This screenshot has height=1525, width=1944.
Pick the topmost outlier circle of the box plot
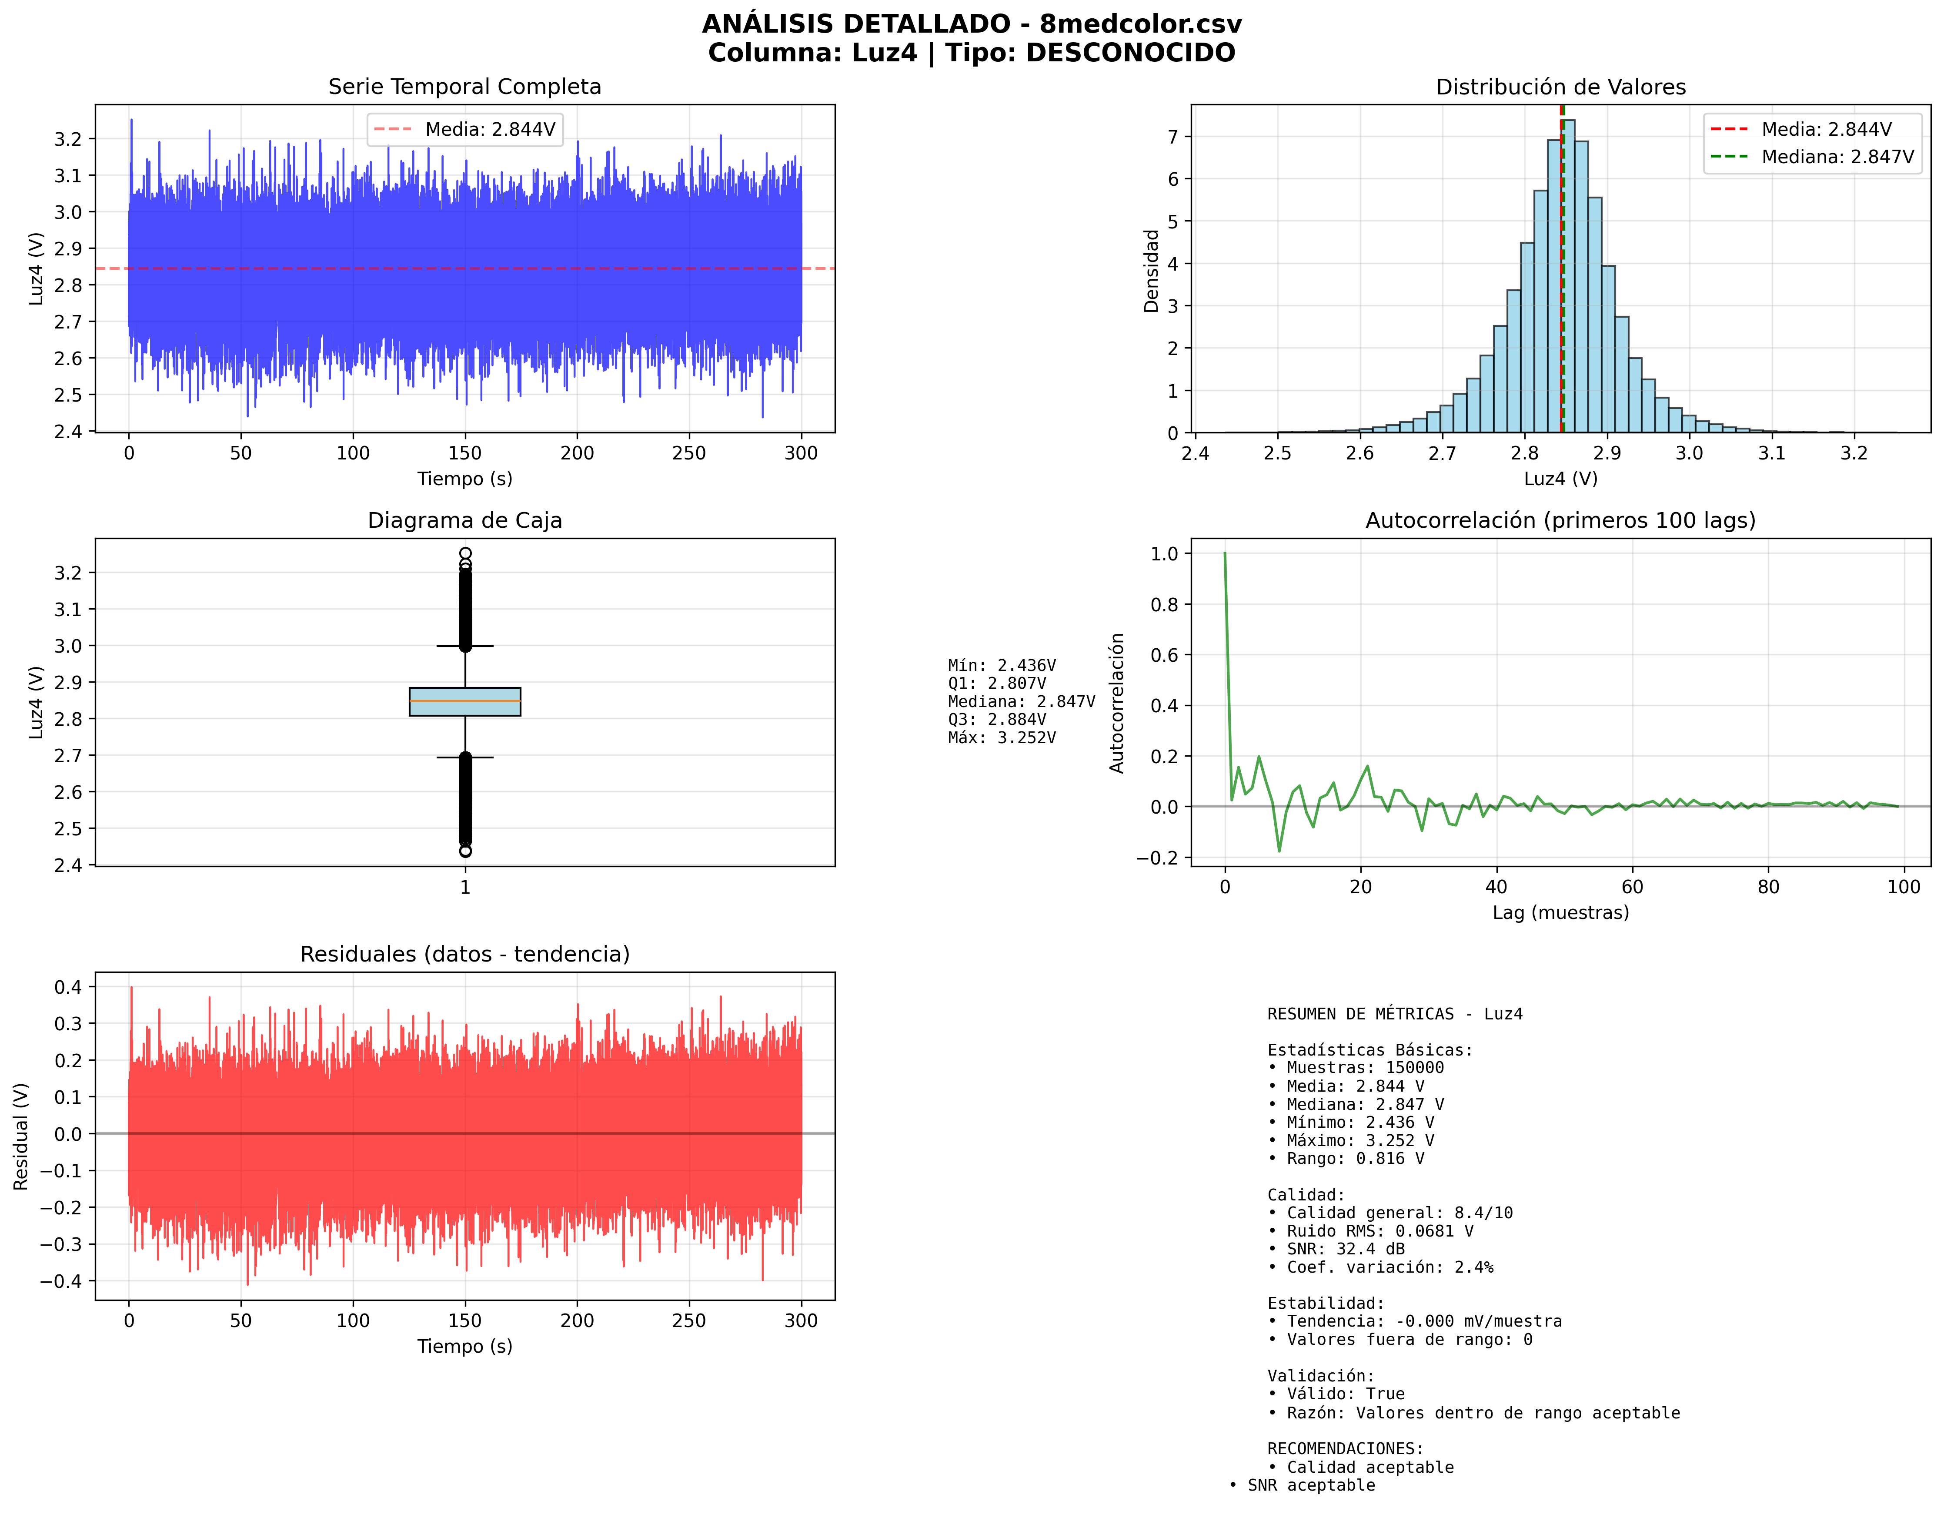(465, 553)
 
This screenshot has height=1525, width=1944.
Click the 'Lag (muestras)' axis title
(1560, 912)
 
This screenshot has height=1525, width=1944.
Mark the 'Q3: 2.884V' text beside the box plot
(997, 720)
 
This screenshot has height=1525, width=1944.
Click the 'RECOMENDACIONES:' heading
(1345, 1448)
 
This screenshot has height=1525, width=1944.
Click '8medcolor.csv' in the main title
(1140, 24)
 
